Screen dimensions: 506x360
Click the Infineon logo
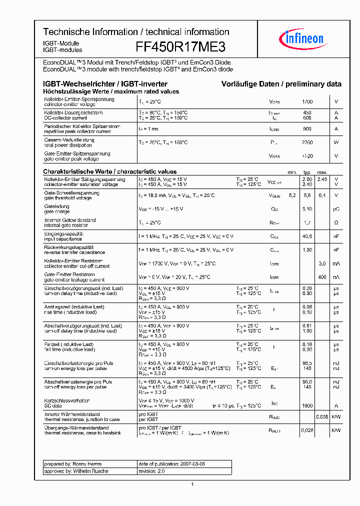pos(303,38)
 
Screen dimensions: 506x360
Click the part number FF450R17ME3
pos(180,47)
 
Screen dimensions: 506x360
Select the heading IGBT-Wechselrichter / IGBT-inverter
pos(105,84)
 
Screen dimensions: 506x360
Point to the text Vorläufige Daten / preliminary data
pos(281,84)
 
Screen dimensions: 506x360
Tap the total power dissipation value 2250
pos(307,142)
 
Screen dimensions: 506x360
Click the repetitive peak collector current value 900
pos(307,129)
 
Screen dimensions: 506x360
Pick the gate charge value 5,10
pos(307,209)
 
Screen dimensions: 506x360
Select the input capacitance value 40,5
pos(307,236)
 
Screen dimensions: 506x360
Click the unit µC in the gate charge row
pos(336,209)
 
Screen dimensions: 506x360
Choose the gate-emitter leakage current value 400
pos(322,276)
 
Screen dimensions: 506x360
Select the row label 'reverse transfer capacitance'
pos(74,252)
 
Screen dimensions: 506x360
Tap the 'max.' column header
pos(322,172)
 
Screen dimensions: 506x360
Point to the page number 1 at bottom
pos(192,484)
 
